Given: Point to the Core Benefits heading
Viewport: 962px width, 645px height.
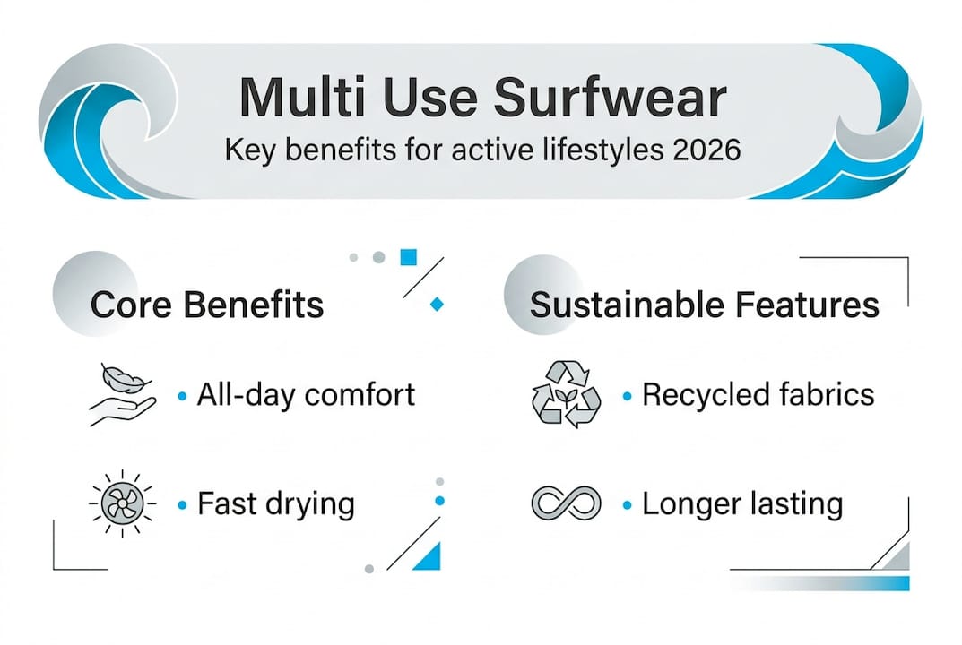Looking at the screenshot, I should point(207,305).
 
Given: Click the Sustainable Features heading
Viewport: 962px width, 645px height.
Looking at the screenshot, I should point(704,305).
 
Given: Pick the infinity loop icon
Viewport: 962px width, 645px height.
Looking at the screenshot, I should point(565,503).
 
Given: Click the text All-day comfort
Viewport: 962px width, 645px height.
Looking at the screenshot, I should point(306,394).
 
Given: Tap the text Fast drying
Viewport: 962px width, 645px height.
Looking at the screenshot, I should point(276,504).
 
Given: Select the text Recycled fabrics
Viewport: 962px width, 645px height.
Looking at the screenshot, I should point(758,394).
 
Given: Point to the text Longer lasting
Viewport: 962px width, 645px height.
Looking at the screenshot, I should point(742,504).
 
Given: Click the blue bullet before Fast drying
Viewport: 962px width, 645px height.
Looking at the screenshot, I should point(182,505).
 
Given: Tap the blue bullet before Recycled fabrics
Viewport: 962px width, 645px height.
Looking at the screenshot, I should point(627,395).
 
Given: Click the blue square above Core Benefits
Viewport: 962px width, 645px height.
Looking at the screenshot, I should point(409,258).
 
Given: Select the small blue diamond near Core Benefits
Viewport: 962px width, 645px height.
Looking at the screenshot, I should point(437,305).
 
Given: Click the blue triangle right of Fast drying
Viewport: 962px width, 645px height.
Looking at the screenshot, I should point(430,558).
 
